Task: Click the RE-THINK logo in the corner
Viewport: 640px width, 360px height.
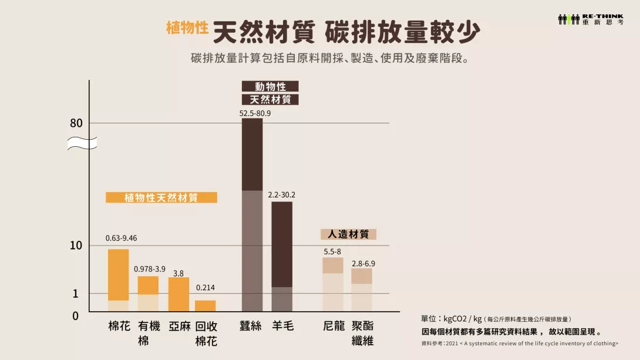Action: pyautogui.click(x=590, y=19)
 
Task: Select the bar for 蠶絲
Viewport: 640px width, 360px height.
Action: pyautogui.click(x=252, y=214)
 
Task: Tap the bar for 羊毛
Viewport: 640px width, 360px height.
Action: pyautogui.click(x=282, y=256)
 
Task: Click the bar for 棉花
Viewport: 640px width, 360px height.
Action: pyautogui.click(x=119, y=280)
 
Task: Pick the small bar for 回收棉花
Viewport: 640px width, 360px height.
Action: pyautogui.click(x=206, y=306)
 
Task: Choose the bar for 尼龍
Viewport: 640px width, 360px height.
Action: pyautogui.click(x=333, y=284)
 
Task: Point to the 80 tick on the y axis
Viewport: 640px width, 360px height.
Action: pyautogui.click(x=76, y=123)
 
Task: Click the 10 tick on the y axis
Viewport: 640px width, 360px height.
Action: pyautogui.click(x=76, y=245)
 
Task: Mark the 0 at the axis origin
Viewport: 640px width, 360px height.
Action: pyautogui.click(x=75, y=316)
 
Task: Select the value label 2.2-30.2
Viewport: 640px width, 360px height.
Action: pyautogui.click(x=282, y=195)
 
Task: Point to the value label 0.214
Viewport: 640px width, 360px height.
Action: pyautogui.click(x=206, y=288)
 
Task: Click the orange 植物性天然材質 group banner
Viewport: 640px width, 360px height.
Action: pyautogui.click(x=161, y=198)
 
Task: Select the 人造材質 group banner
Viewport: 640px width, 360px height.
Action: pyautogui.click(x=348, y=234)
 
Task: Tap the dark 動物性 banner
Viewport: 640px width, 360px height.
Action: pyautogui.click(x=270, y=86)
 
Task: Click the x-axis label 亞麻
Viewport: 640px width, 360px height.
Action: pyautogui.click(x=179, y=326)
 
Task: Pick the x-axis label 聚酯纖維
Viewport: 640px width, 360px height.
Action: pyautogui.click(x=362, y=333)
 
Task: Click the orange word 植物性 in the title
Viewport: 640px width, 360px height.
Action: pyautogui.click(x=187, y=28)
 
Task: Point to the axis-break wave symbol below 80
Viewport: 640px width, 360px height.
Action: pyautogui.click(x=82, y=143)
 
